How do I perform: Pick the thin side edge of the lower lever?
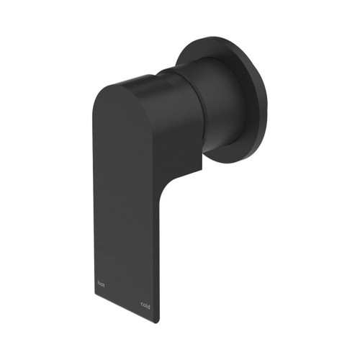coord(162,252)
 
